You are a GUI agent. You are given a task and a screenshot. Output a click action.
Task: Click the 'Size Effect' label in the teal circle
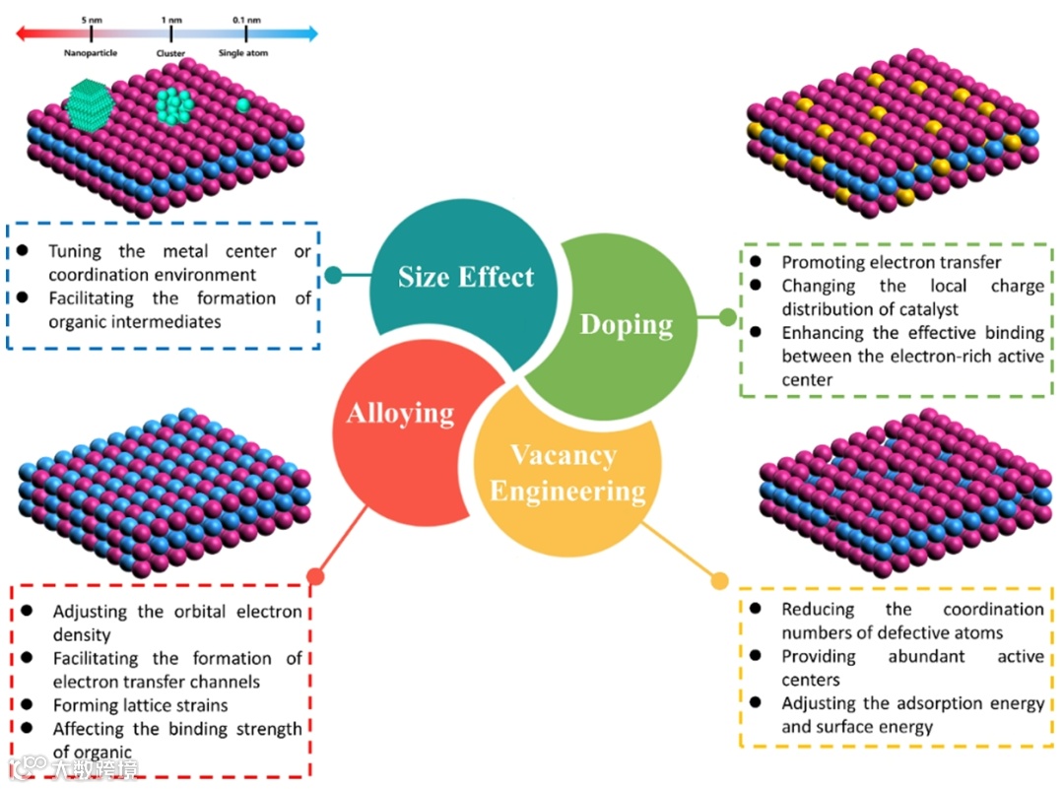pyautogui.click(x=466, y=277)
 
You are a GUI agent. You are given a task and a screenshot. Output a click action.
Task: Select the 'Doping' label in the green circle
pyautogui.click(x=627, y=324)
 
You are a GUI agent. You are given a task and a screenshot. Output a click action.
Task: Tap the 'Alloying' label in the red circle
pyautogui.click(x=400, y=412)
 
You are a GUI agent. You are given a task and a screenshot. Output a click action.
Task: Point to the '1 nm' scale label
pyautogui.click(x=170, y=20)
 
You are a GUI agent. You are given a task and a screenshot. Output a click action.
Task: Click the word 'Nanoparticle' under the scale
pyautogui.click(x=91, y=53)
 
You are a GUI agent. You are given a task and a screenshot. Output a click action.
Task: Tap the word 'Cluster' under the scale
pyautogui.click(x=170, y=53)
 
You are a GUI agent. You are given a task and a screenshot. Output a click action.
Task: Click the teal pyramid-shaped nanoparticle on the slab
pyautogui.click(x=91, y=101)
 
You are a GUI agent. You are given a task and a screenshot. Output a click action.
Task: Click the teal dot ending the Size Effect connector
pyautogui.click(x=334, y=274)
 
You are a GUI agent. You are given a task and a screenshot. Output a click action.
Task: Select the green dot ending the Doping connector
pyautogui.click(x=728, y=317)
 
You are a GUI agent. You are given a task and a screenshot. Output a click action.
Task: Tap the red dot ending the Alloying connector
pyautogui.click(x=314, y=576)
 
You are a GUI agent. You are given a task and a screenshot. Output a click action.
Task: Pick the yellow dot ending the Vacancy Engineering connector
pyautogui.click(x=719, y=582)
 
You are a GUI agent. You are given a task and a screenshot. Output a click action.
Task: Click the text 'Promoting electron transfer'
pyautogui.click(x=891, y=262)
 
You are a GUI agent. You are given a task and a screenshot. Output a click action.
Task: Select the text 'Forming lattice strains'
pyautogui.click(x=140, y=705)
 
